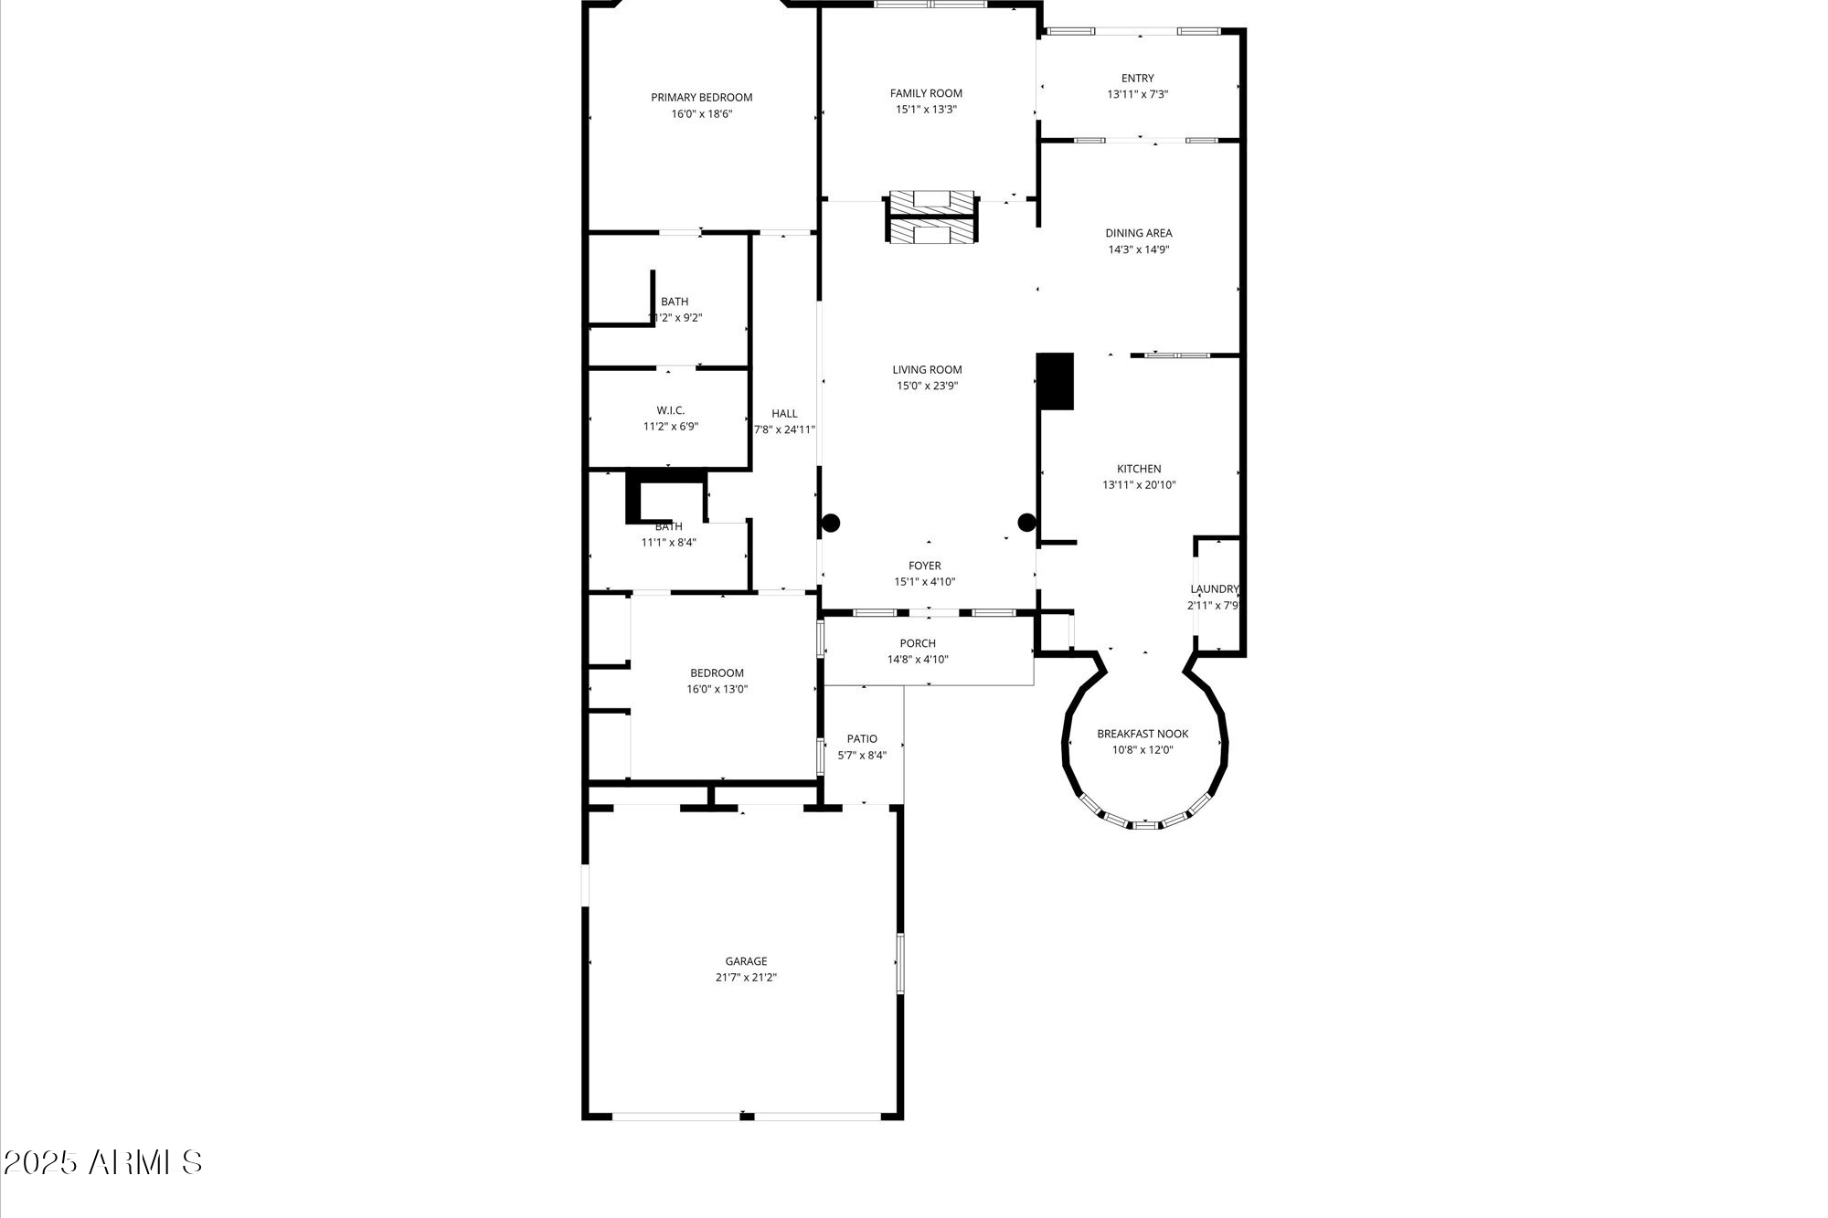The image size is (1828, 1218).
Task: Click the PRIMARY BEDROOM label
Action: click(x=701, y=98)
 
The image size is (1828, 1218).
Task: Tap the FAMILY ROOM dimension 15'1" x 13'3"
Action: click(x=926, y=110)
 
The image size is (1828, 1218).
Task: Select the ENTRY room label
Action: click(x=1137, y=79)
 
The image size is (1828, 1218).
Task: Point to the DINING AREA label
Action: click(x=1138, y=233)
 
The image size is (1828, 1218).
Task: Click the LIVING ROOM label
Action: click(x=927, y=370)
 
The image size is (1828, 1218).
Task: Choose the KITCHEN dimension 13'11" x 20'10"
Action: click(x=1138, y=485)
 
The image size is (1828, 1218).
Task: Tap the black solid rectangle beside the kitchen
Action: click(x=1055, y=381)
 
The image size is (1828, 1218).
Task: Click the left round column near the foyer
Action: click(x=830, y=524)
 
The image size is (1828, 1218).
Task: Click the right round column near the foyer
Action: click(x=1026, y=523)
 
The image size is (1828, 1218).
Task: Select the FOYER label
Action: click(x=924, y=566)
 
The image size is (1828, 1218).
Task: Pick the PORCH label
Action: click(x=918, y=643)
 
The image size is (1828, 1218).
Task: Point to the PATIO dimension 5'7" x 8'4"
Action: click(x=862, y=756)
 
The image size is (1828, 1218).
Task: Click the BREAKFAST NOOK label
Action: click(x=1142, y=734)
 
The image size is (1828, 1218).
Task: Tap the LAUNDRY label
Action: click(x=1214, y=589)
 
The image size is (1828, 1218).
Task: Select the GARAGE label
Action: click(x=746, y=961)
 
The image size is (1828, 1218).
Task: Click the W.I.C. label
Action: click(x=670, y=410)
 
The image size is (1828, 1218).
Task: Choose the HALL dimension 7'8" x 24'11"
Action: click(x=784, y=429)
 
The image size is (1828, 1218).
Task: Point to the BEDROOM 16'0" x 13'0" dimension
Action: click(x=717, y=690)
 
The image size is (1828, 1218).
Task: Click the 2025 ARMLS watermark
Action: click(x=102, y=1163)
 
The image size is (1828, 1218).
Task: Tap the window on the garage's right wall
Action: click(x=899, y=963)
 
